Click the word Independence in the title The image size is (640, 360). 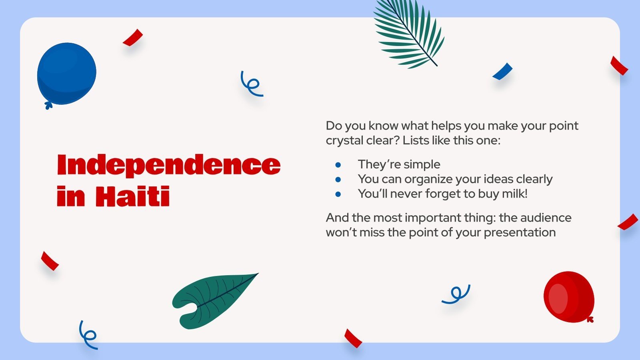tap(168, 165)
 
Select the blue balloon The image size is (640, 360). tap(67, 74)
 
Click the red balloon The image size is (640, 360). tap(568, 297)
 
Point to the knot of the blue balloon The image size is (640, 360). tap(48, 106)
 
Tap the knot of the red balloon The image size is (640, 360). tap(590, 319)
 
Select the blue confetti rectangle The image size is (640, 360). tap(502, 72)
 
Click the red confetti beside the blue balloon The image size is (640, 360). tap(133, 38)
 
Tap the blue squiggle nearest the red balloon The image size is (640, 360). tap(456, 294)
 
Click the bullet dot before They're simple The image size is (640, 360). tap(338, 164)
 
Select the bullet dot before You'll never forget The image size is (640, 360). tap(338, 194)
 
